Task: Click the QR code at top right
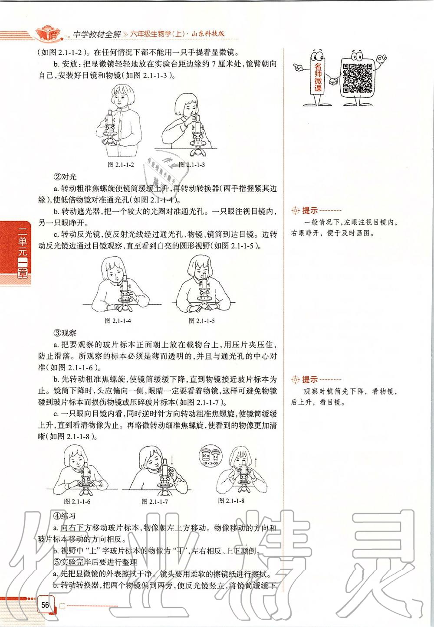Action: tap(358, 78)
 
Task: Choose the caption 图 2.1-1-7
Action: tap(155, 502)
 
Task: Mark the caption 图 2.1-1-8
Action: tap(231, 500)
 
